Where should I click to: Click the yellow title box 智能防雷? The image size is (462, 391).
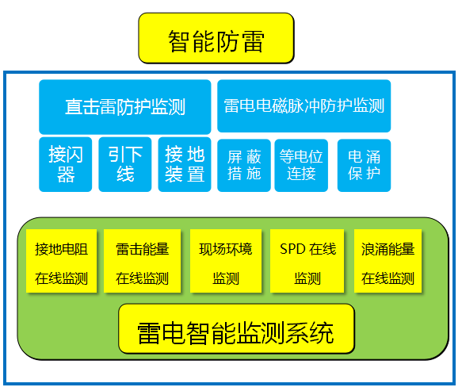pos(216,38)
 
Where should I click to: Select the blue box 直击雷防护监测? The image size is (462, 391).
pos(125,106)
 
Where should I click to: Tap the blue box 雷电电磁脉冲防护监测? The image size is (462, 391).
pos(304,106)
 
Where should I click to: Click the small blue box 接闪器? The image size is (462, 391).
pos(66,164)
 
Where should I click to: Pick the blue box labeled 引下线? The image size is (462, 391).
pos(125,164)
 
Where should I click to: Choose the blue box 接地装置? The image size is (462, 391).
pos(185,164)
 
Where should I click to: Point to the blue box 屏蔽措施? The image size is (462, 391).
pos(244,164)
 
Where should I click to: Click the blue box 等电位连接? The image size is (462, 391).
pos(302,164)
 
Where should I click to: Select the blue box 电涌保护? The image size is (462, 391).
pos(364,164)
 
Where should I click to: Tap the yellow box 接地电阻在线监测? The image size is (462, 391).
pos(61,262)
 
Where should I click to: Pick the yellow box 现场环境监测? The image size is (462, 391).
pos(226,262)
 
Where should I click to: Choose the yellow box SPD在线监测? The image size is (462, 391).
pos(307,262)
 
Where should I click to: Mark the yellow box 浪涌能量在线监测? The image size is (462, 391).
pos(388,262)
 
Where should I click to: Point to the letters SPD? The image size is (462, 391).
pos(292,249)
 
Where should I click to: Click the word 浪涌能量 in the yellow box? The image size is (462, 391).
pos(388,249)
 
